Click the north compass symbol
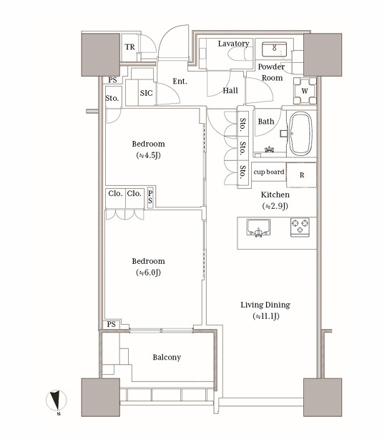coord(57,401)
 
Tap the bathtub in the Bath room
coord(301,134)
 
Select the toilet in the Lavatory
coord(240,54)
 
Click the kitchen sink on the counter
coord(258,227)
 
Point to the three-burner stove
coord(300,227)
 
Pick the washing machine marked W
coord(305,91)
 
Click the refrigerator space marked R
coord(301,175)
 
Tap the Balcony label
coord(167,357)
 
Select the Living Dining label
coord(265,305)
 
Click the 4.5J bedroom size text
coord(148,155)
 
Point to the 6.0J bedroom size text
coord(148,272)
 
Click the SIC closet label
coord(147,93)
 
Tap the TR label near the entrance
coord(130,47)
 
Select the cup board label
coord(269,172)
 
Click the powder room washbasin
coord(274,49)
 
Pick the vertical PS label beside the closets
coord(150,197)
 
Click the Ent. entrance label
coord(180,82)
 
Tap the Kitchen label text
coord(275,195)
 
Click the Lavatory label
coord(233,44)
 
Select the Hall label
coord(230,91)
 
